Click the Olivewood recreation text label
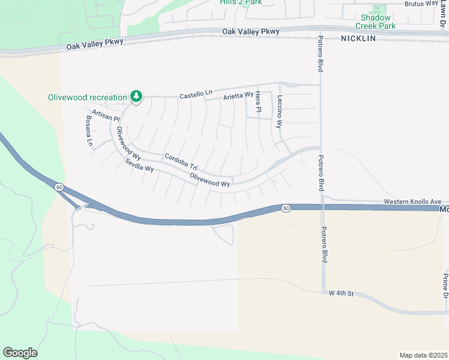coord(88,97)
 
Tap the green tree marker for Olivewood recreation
coord(136,95)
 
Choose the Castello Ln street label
coord(196,94)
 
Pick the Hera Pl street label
coord(258,102)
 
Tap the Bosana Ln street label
coord(88,131)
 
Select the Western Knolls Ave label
coord(412,202)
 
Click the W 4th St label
coord(342,293)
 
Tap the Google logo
coord(20,353)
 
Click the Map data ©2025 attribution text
coord(423,355)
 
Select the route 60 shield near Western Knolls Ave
coord(285,208)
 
